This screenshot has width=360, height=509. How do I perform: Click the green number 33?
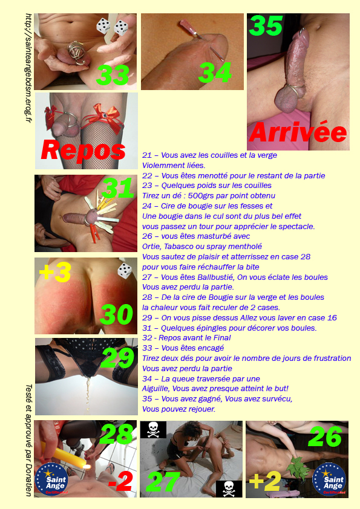tap(113, 76)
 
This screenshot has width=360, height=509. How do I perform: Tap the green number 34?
tap(215, 73)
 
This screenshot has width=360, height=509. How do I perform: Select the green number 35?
tap(266, 25)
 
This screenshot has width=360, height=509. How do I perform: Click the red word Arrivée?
tap(298, 132)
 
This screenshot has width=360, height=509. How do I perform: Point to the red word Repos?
tap(83, 150)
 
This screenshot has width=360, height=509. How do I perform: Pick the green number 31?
tap(117, 187)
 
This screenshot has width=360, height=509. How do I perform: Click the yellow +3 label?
tap(55, 272)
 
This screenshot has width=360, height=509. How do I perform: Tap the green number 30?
tap(116, 314)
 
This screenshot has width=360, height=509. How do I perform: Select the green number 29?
tap(117, 358)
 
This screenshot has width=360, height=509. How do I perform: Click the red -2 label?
tap(120, 481)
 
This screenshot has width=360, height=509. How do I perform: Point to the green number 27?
tap(163, 482)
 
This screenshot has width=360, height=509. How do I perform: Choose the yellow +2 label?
tap(265, 481)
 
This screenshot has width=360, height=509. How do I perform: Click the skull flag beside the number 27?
tap(229, 489)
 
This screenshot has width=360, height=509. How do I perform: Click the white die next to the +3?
tap(124, 271)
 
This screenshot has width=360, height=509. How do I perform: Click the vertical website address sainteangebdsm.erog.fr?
tap(28, 68)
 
